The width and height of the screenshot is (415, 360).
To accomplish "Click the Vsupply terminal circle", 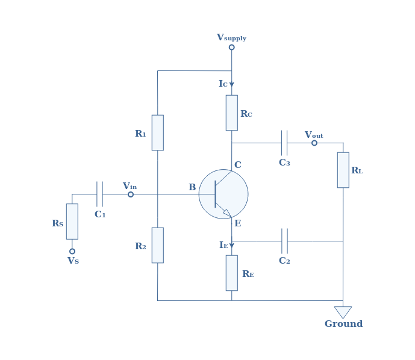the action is point(231,48).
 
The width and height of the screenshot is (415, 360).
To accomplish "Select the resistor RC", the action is point(231,113).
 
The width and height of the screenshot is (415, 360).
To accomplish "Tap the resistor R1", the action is point(157,132).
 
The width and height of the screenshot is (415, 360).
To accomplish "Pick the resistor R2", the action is point(157,245).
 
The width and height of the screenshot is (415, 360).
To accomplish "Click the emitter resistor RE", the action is point(231,273).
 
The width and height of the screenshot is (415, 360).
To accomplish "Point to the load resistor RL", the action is point(343,170).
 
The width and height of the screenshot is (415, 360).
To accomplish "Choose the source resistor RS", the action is point(72,222).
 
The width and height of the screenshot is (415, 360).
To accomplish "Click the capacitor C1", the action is point(99,194).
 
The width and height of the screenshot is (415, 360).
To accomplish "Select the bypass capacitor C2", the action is point(284,241).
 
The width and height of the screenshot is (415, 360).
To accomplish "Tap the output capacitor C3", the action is point(284,143).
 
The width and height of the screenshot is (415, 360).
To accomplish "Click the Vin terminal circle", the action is point(131,194).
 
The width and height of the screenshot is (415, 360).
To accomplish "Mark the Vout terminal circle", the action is point(314,143).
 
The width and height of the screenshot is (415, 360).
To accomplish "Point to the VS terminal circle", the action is point(72,251).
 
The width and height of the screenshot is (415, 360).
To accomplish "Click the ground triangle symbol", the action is point(343,312).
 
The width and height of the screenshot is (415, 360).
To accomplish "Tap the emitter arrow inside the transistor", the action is point(227,213).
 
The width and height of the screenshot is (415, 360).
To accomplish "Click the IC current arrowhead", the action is point(231,85).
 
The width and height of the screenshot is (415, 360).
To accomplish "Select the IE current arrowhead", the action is point(231,246).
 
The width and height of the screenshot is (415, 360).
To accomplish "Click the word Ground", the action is point(343,324).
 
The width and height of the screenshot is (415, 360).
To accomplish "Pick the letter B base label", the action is point(192,187).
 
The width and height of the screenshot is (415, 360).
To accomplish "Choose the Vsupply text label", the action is point(231,37).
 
